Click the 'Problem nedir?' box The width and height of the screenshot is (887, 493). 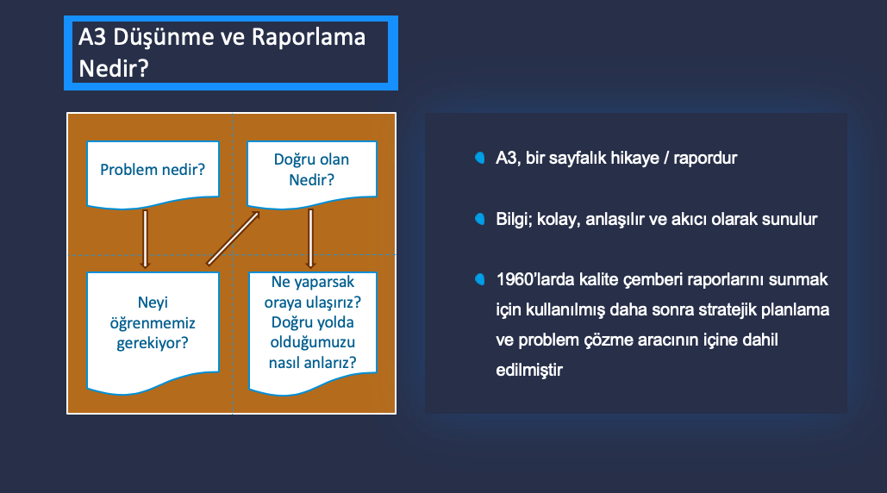click(x=153, y=172)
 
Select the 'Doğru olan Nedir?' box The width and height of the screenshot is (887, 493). click(x=312, y=172)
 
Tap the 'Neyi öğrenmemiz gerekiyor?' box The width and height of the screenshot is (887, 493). click(x=153, y=331)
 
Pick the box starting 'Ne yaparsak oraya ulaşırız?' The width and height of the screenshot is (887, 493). click(x=313, y=332)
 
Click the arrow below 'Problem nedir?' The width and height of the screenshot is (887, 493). click(x=146, y=239)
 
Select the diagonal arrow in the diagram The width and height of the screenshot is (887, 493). click(x=233, y=239)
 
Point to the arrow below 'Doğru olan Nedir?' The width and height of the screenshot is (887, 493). click(x=310, y=239)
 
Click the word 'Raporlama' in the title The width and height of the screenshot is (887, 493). click(x=309, y=37)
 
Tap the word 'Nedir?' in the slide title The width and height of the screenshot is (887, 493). click(x=114, y=68)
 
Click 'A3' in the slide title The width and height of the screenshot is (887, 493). click(x=92, y=37)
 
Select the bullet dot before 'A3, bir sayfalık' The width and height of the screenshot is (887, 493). click(x=479, y=158)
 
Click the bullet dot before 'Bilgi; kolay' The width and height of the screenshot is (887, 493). click(x=479, y=219)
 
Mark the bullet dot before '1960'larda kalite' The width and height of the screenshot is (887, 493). click(x=479, y=279)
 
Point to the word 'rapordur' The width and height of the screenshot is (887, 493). click(x=705, y=159)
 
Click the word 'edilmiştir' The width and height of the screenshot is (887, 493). click(x=529, y=371)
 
